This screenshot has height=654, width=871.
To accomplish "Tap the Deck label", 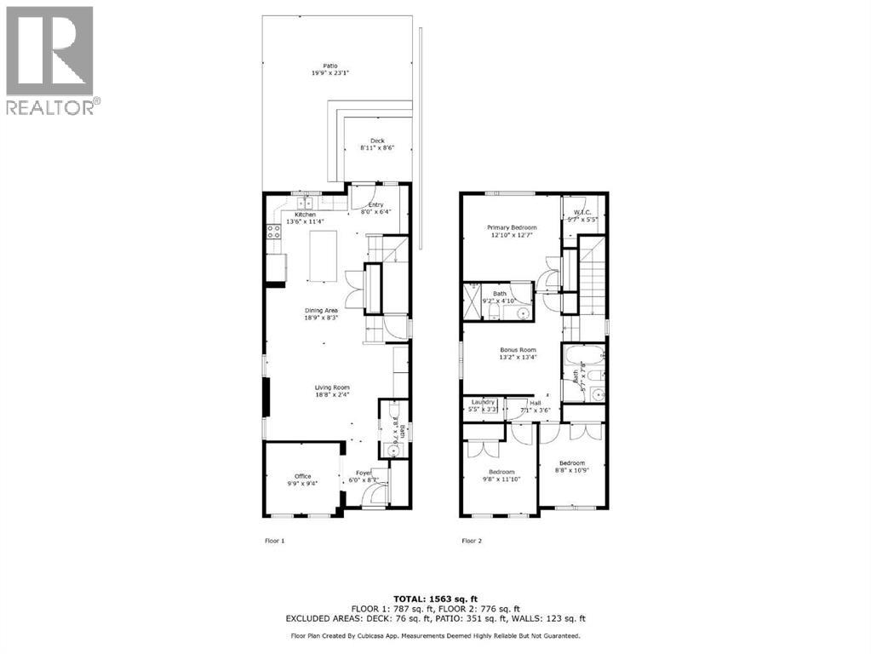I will tap(377, 141).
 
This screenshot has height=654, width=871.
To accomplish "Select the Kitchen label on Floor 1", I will tap(305, 215).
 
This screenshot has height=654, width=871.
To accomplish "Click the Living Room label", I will tap(331, 387).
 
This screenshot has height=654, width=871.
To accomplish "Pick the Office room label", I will tap(303, 476).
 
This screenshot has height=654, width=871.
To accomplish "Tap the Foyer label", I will tap(364, 473).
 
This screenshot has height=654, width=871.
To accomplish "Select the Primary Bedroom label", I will tap(512, 227).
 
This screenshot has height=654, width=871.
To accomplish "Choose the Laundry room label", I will tap(483, 403).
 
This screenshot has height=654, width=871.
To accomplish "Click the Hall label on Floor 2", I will tap(536, 403).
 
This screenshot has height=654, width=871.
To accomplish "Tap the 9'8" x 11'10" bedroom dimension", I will tap(501, 479).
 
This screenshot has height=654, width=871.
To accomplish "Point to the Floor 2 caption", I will tap(472, 541).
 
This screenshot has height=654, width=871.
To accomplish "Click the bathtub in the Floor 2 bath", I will tap(583, 353).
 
